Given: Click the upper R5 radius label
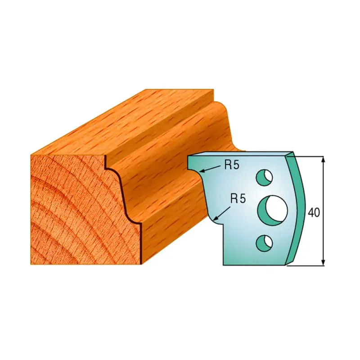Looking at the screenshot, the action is (x=232, y=165).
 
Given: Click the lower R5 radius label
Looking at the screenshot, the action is (x=238, y=198).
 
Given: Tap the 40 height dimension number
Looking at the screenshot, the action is (x=313, y=213).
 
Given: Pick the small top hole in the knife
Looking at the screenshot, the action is (x=264, y=177).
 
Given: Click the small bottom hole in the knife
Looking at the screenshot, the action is (x=264, y=243).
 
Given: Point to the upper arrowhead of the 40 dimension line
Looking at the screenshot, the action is (x=323, y=160).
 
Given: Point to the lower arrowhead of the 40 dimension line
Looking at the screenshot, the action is (x=323, y=262).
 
